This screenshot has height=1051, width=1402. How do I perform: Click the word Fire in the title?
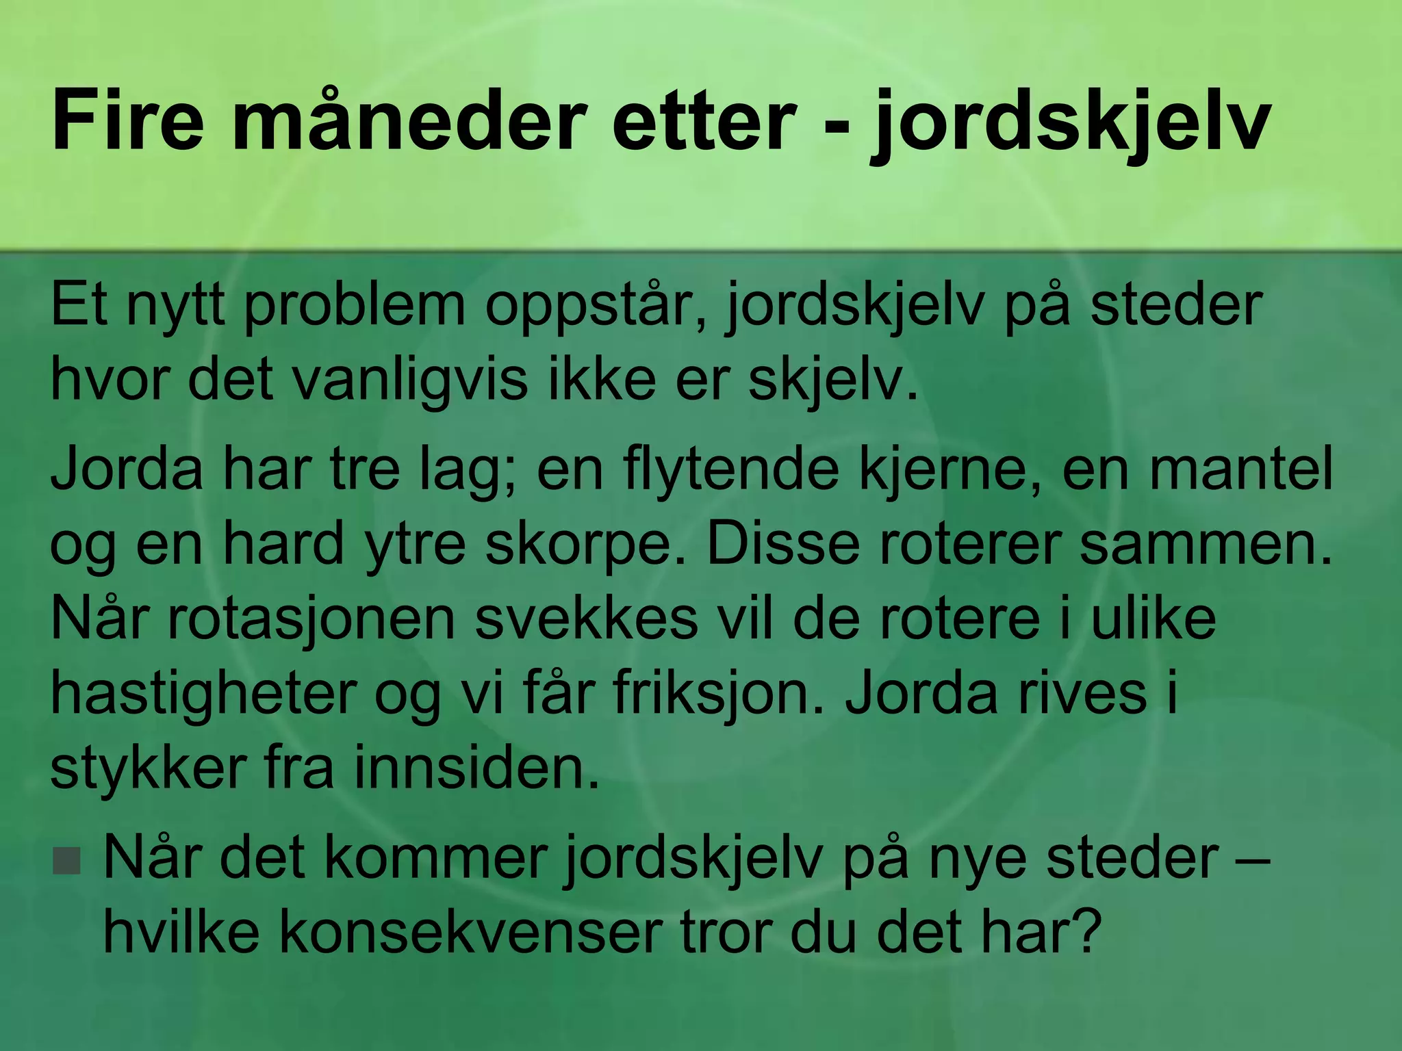click(x=127, y=120)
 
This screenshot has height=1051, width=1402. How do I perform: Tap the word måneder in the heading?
click(x=409, y=120)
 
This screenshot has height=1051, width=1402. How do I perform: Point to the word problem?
click(x=354, y=306)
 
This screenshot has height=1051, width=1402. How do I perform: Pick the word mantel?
click(x=1240, y=471)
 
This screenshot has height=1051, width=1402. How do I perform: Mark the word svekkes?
click(x=587, y=619)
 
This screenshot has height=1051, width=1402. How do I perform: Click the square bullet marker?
click(x=66, y=861)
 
